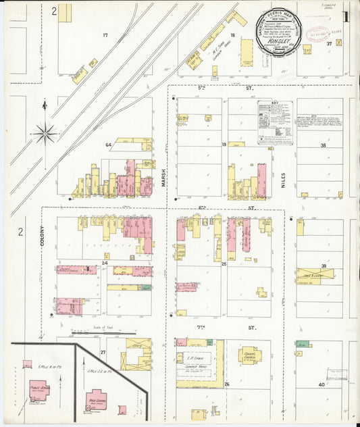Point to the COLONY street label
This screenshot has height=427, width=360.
coord(42,238)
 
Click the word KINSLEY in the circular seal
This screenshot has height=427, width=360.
coord(276,41)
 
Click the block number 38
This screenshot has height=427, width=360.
coord(323,145)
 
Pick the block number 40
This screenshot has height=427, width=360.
coord(322,384)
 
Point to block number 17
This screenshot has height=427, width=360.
coord(105,34)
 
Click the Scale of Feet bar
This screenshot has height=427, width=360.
coord(103,333)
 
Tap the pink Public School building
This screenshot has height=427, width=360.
coord(38,390)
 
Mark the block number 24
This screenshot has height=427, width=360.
coord(105,263)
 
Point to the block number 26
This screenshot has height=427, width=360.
coord(227,384)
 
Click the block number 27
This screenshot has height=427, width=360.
coord(103,353)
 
